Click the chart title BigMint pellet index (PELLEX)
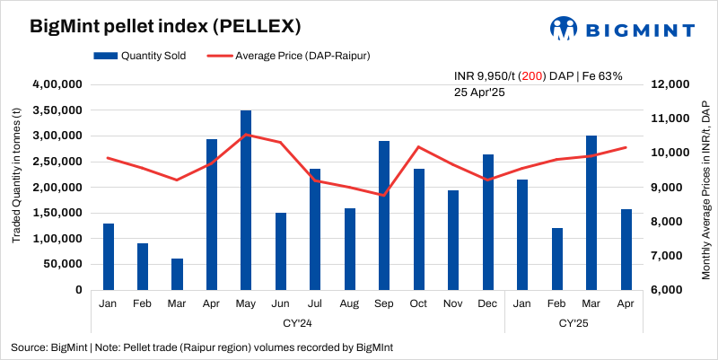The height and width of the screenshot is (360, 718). point(152,26)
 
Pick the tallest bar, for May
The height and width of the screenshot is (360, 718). point(246,200)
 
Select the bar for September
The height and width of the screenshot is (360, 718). point(384,215)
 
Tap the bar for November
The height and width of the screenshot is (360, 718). point(453,240)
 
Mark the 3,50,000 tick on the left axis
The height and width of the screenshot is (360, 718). point(57,110)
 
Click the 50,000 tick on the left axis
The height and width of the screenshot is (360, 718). point(64,265)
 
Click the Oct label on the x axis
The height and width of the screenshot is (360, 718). point(418,303)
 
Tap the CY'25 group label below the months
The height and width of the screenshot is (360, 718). point(574,320)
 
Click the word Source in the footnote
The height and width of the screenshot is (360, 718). point(30,347)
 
